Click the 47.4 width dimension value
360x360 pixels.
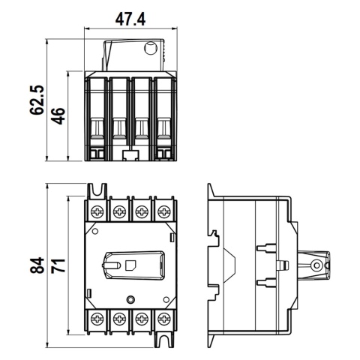tap(128, 19)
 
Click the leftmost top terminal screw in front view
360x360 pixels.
tap(98, 212)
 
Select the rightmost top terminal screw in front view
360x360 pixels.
tap(163, 212)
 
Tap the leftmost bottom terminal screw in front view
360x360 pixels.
tap(98, 319)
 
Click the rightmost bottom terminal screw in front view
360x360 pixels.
tap(163, 319)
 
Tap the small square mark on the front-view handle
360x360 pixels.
tap(130, 265)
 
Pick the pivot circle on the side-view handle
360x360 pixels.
tap(317, 265)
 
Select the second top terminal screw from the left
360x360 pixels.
tap(119, 212)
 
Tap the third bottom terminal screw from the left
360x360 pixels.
tap(141, 319)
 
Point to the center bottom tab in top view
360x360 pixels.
tap(130, 156)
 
